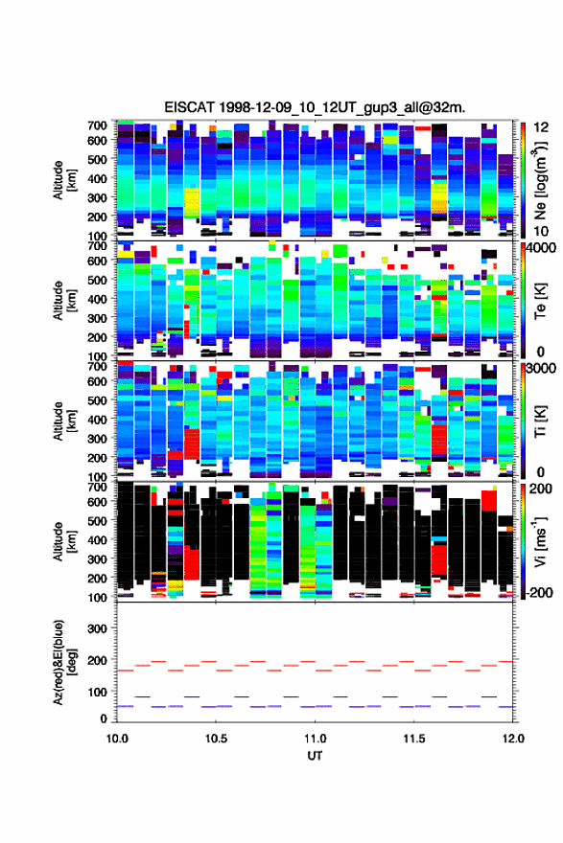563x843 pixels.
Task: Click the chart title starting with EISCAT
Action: click(315, 107)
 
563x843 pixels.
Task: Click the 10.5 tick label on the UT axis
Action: click(216, 739)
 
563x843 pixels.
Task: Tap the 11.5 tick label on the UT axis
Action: click(414, 739)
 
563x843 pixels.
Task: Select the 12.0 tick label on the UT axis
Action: click(513, 739)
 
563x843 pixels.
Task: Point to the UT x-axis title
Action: click(315, 756)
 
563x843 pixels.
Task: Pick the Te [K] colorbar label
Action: click(540, 301)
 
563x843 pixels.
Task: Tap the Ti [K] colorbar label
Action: click(540, 421)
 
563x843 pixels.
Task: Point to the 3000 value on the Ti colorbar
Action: click(541, 369)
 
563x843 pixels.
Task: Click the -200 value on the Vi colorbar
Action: click(538, 592)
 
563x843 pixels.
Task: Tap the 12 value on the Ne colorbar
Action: click(541, 127)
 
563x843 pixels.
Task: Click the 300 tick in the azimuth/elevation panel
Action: click(98, 628)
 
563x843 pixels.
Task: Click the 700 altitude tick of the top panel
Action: click(98, 125)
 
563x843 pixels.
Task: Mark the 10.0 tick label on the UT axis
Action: click(117, 739)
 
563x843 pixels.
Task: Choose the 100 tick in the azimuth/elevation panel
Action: click(98, 692)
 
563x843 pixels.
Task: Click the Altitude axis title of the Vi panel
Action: click(64, 541)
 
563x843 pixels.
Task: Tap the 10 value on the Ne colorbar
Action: click(541, 231)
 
